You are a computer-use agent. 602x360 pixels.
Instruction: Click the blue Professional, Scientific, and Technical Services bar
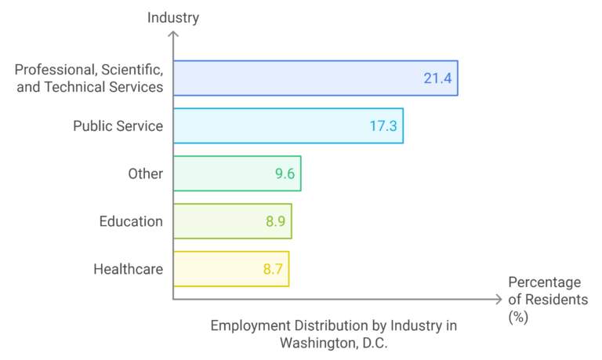pyautogui.click(x=314, y=78)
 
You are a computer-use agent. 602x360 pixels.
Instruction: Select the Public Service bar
pyautogui.click(x=287, y=125)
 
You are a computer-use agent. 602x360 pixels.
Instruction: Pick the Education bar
pyautogui.click(x=231, y=221)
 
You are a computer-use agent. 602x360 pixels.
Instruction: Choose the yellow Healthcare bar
pyautogui.click(x=230, y=269)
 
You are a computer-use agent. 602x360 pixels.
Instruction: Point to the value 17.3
pyautogui.click(x=383, y=125)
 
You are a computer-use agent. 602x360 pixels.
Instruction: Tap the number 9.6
pyautogui.click(x=284, y=173)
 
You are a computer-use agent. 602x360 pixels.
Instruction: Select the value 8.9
pyautogui.click(x=276, y=221)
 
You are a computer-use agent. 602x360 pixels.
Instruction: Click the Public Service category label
pyautogui.click(x=118, y=125)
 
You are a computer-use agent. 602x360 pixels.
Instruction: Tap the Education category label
pyautogui.click(x=131, y=221)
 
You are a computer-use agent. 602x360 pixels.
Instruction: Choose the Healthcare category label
pyautogui.click(x=128, y=269)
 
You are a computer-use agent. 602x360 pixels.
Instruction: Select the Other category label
pyautogui.click(x=145, y=173)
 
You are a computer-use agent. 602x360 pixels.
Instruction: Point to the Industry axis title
pyautogui.click(x=173, y=16)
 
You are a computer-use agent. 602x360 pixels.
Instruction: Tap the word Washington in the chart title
pyautogui.click(x=313, y=342)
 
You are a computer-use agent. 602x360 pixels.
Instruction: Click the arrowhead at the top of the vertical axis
pyautogui.click(x=173, y=35)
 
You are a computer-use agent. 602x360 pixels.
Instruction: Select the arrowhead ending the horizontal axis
pyautogui.click(x=498, y=299)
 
